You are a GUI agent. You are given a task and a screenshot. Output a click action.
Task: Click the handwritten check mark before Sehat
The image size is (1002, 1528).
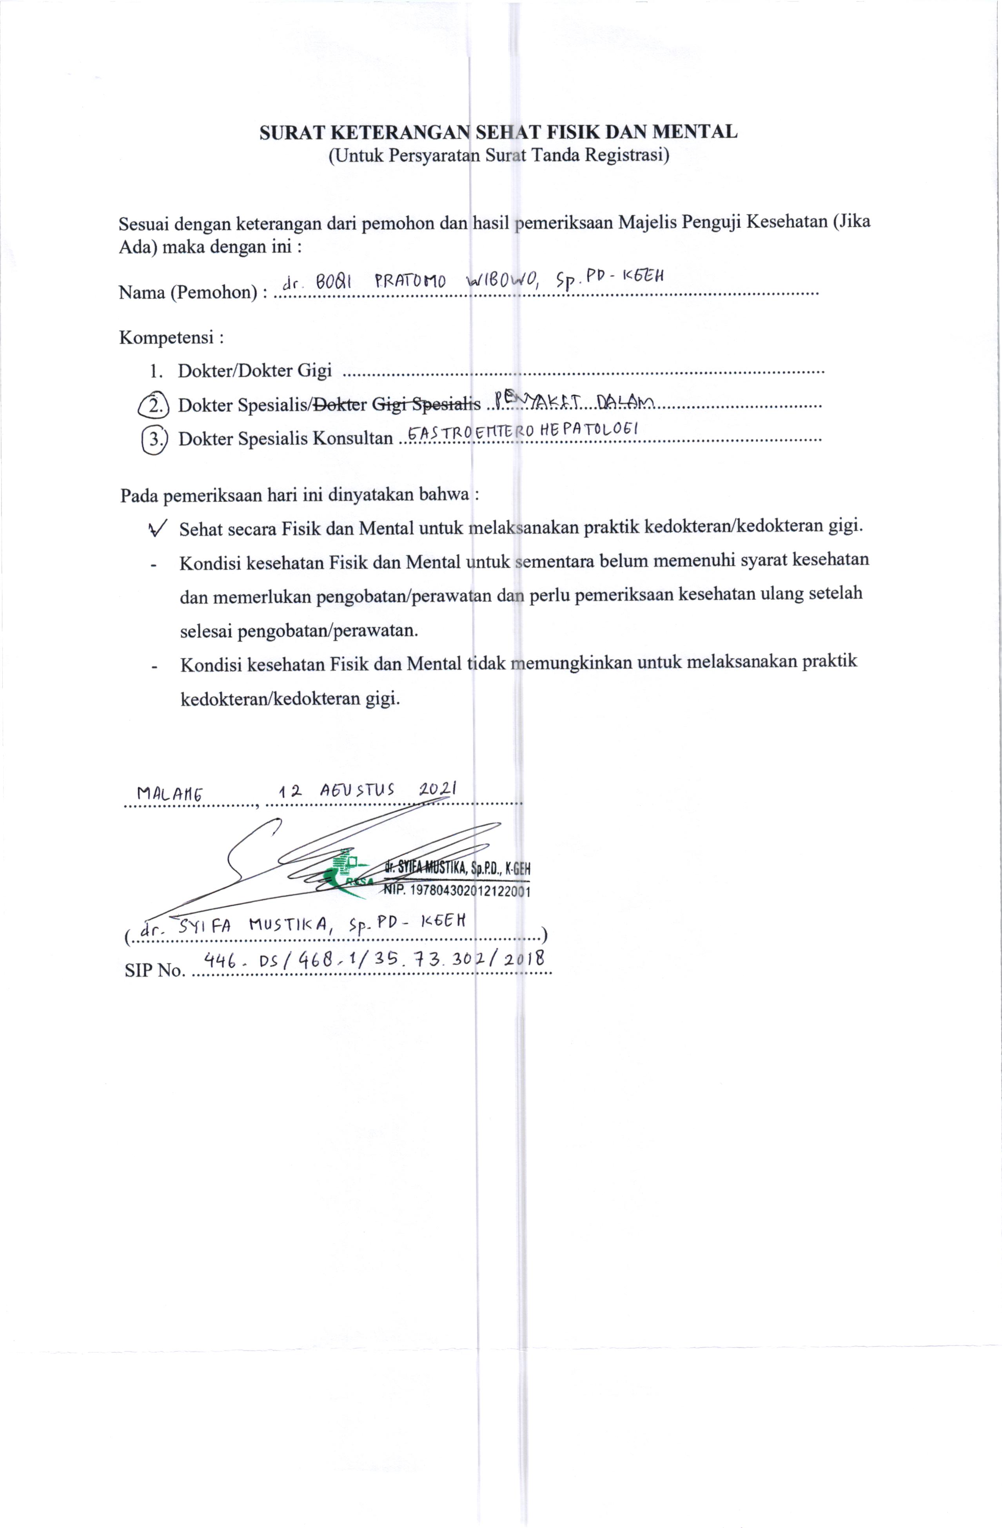pyautogui.click(x=157, y=528)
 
